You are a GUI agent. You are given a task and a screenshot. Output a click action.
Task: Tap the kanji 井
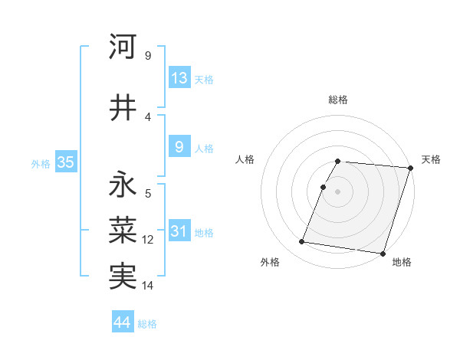[x=123, y=108]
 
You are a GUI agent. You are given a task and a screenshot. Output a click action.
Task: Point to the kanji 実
[x=123, y=275]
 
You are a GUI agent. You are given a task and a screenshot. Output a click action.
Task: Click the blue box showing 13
[x=179, y=78]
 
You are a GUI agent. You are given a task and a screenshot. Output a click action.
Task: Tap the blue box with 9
[x=179, y=148]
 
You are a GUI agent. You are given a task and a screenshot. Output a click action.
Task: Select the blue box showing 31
[x=179, y=232]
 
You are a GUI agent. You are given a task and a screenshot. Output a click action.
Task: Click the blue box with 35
[x=65, y=162]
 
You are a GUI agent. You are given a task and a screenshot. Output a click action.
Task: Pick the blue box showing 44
[x=123, y=322]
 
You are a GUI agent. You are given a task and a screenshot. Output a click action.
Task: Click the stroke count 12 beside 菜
[x=148, y=240]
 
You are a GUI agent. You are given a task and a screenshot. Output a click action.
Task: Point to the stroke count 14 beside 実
[x=148, y=286]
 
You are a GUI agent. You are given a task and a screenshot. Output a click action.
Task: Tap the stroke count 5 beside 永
[x=148, y=194]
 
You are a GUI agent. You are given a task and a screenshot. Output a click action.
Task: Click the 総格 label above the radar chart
[x=338, y=100]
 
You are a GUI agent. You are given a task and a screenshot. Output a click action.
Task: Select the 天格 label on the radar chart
[x=431, y=159]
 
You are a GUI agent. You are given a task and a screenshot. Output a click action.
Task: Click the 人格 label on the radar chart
[x=245, y=159]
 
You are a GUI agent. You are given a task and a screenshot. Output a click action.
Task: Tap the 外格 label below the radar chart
[x=270, y=262]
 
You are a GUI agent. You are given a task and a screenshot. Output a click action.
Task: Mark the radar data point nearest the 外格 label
[x=302, y=242]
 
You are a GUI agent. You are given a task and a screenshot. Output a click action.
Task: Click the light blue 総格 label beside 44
[x=147, y=324]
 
